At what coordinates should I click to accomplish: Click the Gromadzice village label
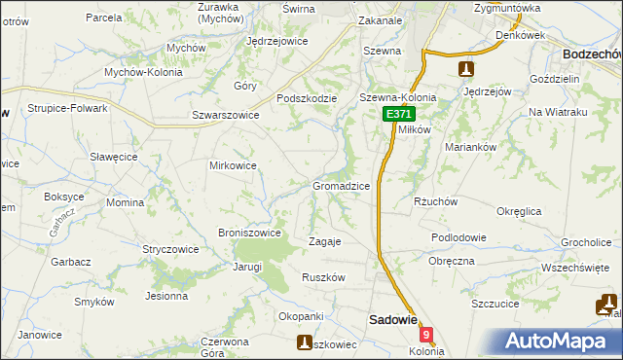click(340, 185)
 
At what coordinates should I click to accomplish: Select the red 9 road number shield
click(425, 334)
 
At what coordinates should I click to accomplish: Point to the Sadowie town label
click(392, 319)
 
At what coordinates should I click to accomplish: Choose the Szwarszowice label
click(211, 114)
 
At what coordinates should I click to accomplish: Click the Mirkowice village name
click(233, 165)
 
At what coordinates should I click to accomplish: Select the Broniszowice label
click(250, 233)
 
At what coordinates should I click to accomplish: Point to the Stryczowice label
click(170, 249)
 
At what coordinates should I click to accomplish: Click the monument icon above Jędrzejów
click(466, 69)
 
